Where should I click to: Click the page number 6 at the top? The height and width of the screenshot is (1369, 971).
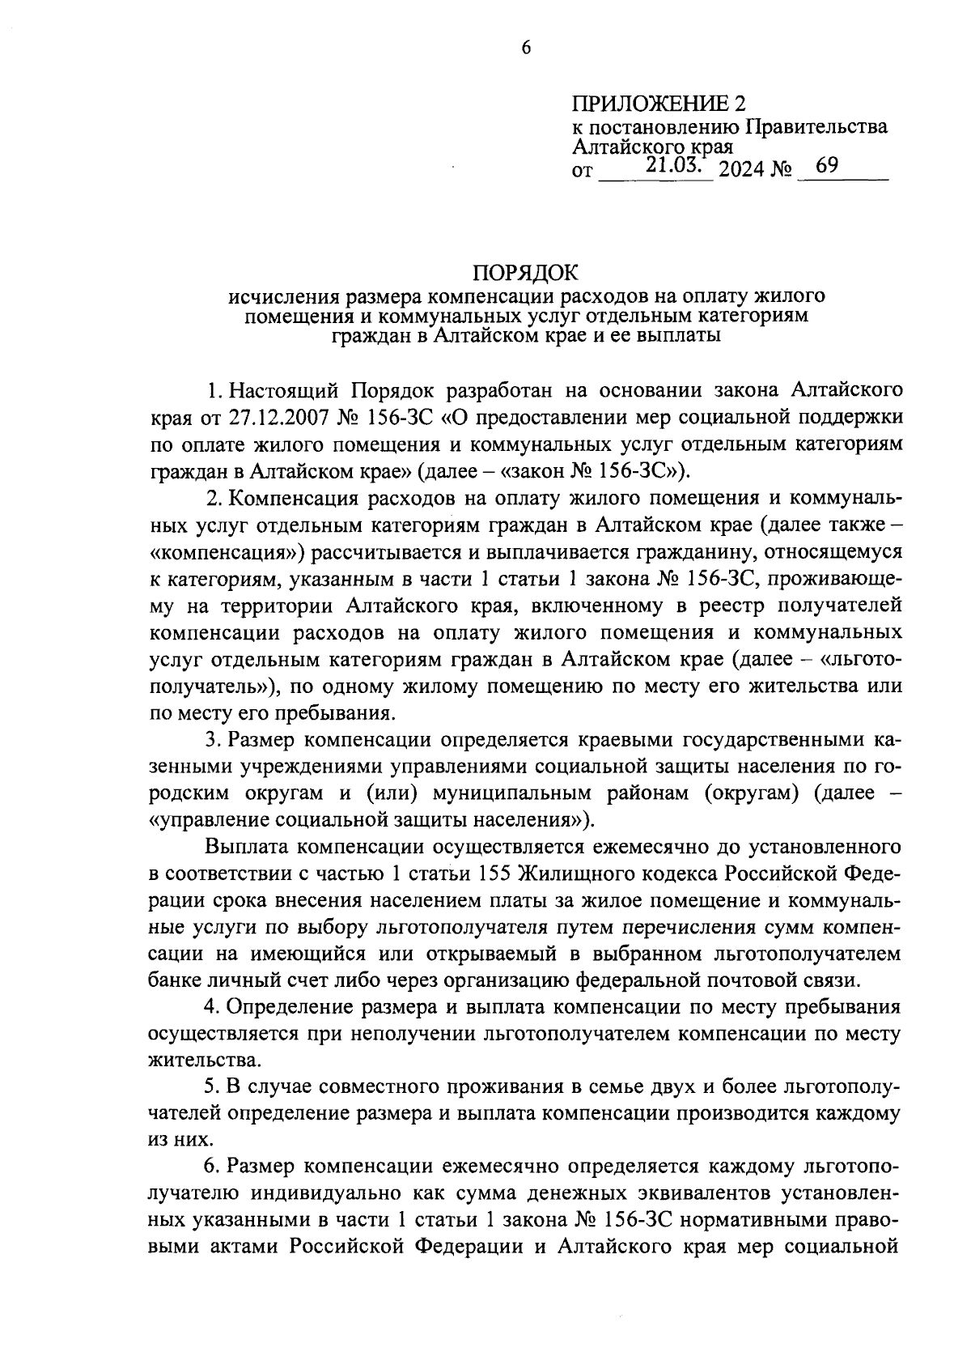[524, 49]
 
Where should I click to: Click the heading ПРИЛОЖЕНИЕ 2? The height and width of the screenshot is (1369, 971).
[657, 104]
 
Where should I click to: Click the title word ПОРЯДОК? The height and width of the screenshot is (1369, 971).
[524, 273]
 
